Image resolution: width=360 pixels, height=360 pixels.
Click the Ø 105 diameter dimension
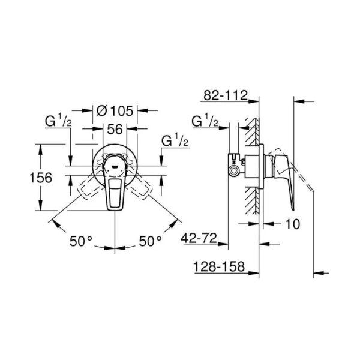click(115, 111)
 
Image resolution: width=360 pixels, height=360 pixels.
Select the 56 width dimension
click(115, 129)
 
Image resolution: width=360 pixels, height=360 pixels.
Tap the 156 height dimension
click(41, 178)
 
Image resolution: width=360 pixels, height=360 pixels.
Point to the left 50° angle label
click(81, 241)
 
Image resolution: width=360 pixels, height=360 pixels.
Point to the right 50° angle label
click(150, 241)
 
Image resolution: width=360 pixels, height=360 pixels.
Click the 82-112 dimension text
click(226, 95)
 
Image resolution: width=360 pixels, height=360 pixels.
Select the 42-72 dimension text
click(199, 238)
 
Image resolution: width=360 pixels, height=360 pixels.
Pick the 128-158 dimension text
click(219, 267)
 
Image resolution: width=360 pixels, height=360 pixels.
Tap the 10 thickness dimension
click(293, 224)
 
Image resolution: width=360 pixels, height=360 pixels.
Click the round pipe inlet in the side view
click(234, 171)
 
